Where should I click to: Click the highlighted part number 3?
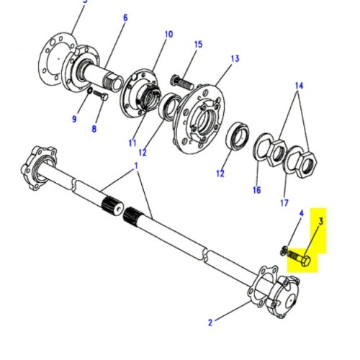point(321,223)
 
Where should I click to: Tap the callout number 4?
point(301,214)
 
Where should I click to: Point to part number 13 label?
point(235,58)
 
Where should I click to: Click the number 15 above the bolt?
point(198,44)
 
